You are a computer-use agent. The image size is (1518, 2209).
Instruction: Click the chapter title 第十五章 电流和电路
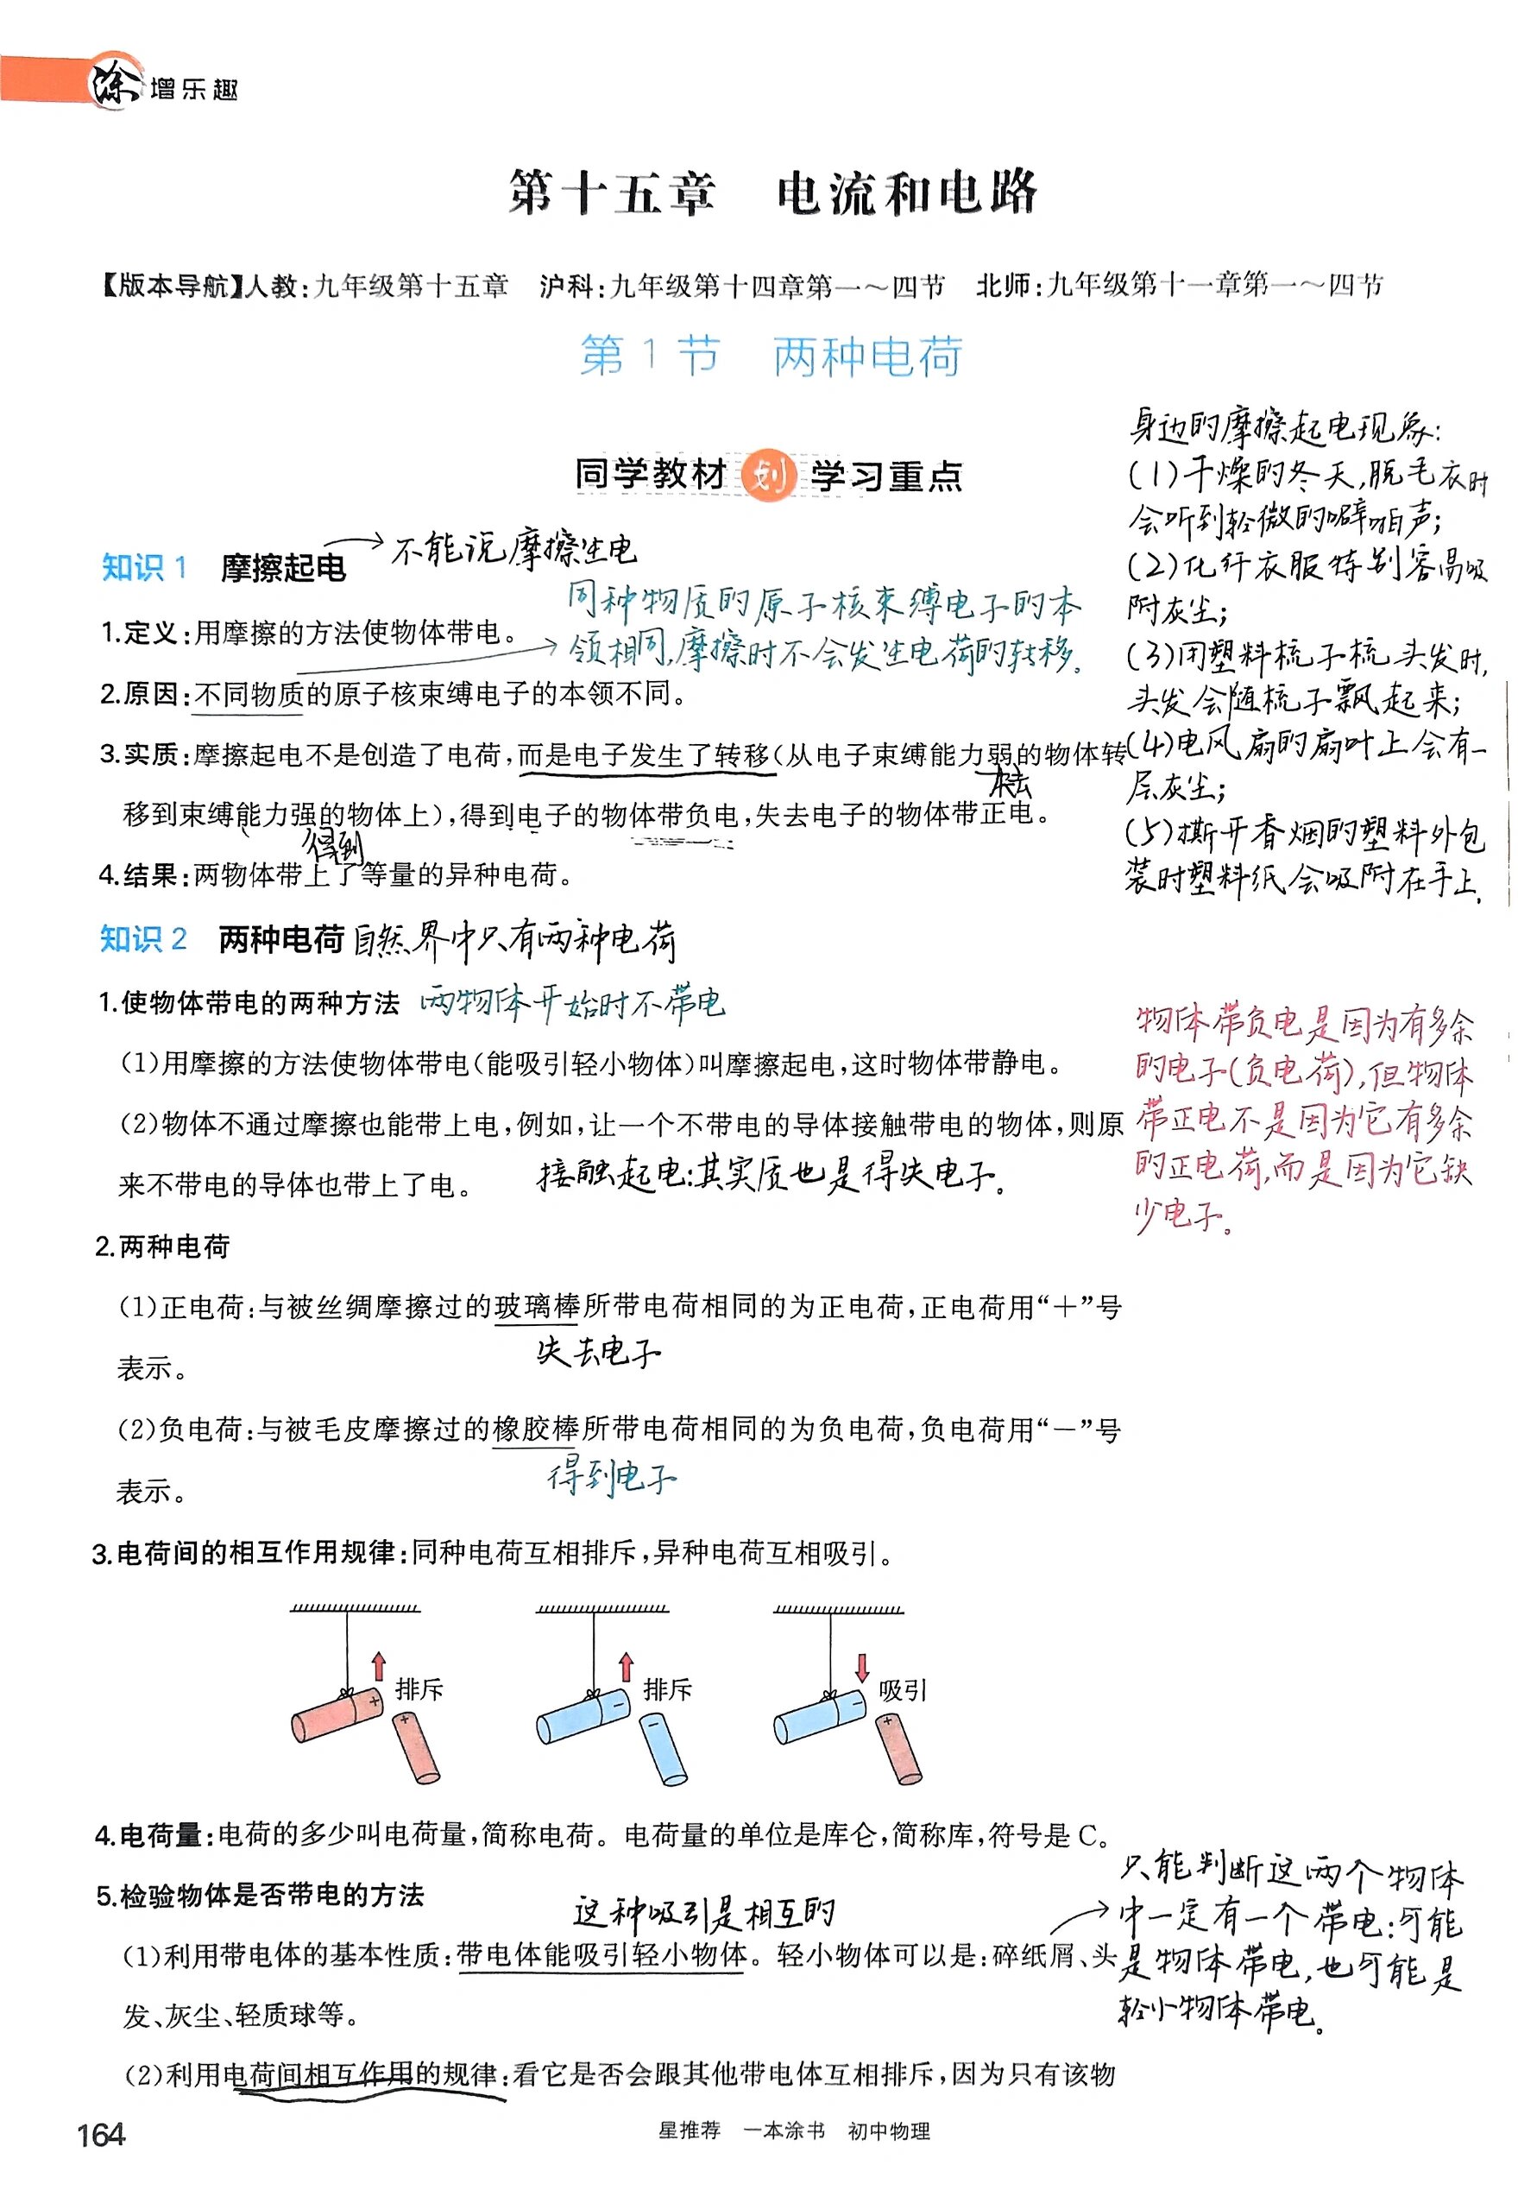pos(772,193)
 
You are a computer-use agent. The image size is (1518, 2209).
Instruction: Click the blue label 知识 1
pos(143,568)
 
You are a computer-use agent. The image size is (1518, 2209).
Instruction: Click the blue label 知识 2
pos(142,939)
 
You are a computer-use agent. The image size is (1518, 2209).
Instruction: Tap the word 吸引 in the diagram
pos(902,1690)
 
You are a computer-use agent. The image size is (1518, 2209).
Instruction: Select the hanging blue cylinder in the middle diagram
pos(583,1715)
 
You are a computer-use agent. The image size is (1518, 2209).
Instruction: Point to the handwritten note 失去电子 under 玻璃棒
pos(597,1352)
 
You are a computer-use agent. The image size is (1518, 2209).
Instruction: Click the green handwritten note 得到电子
pos(612,1478)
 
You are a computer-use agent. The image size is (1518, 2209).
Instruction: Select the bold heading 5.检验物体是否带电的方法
pos(260,1896)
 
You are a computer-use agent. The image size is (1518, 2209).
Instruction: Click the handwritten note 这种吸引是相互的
pos(704,1912)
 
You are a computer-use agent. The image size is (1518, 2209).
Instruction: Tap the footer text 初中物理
pos(888,2131)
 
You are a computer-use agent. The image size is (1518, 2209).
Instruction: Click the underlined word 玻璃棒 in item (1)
pos(537,1306)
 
